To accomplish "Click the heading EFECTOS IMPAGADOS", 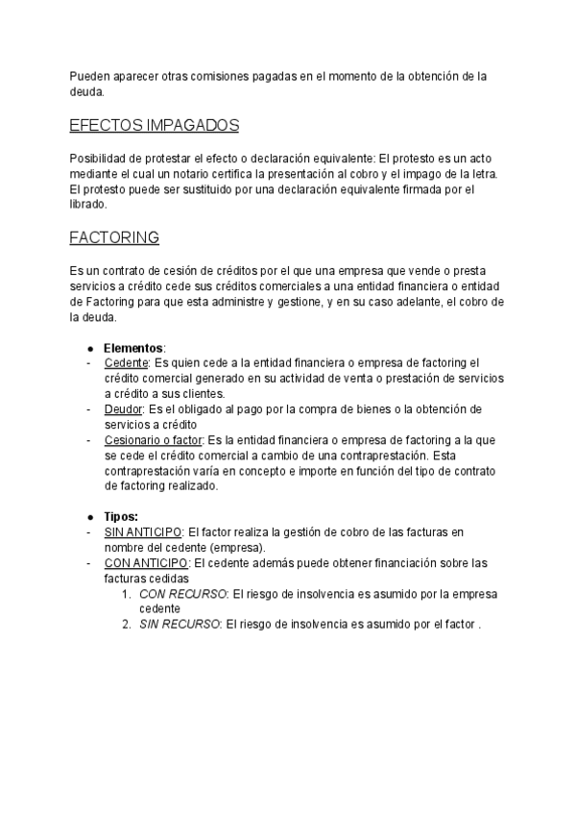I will [x=154, y=126].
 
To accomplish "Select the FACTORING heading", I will [x=114, y=236].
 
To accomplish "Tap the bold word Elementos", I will [x=133, y=347].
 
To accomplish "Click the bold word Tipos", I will [x=121, y=516].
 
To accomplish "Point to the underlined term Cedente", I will [x=126, y=362].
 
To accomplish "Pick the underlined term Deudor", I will [x=123, y=408].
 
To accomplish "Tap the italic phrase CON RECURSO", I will [x=182, y=594].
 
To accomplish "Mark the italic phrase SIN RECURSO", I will [x=180, y=625].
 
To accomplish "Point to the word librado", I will [x=87, y=204].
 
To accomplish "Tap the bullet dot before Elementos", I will [x=89, y=347].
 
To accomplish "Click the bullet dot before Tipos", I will [x=89, y=516].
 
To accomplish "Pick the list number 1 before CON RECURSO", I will [x=127, y=594].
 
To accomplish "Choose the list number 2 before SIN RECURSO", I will [x=127, y=625].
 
